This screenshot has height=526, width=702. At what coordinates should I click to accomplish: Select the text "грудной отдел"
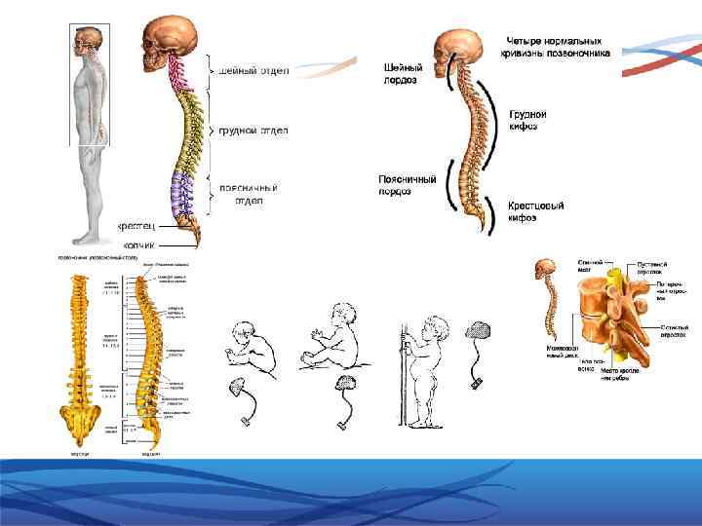click(253, 130)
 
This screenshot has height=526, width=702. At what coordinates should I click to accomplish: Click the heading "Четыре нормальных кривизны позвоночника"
click(558, 46)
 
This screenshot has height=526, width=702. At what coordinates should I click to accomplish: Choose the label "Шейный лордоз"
click(403, 74)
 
